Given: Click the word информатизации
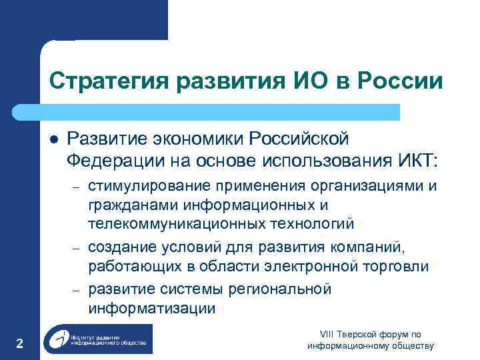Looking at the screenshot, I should [151, 308].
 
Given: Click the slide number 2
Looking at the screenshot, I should [19, 344].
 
